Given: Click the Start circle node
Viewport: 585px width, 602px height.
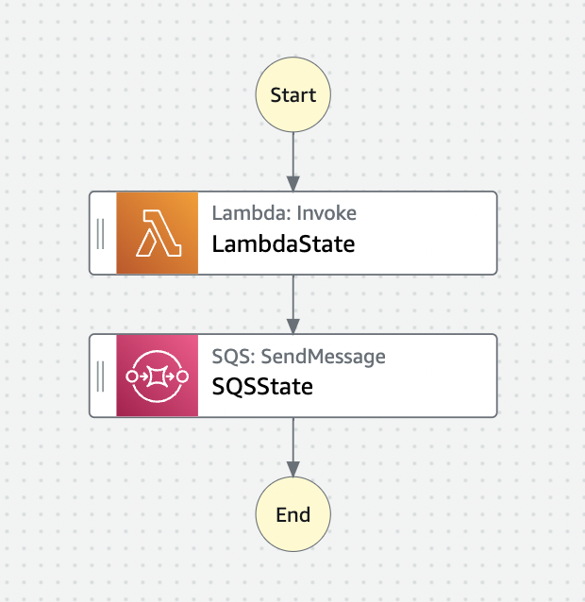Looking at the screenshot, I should coord(292,94).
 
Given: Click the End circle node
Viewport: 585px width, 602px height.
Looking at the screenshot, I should coord(292,514).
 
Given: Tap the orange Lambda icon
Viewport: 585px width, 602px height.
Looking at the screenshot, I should coord(157,233).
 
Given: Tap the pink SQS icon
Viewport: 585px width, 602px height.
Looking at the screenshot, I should coord(157,375).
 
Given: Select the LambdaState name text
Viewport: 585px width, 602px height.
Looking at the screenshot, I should coord(283,244).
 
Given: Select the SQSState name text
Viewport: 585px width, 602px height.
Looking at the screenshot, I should coord(262,386).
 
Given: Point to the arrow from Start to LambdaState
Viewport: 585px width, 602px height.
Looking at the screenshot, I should coord(292,156).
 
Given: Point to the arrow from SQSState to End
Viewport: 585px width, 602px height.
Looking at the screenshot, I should coord(292,443).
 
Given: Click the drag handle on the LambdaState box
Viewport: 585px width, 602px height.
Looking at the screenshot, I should coord(101,233).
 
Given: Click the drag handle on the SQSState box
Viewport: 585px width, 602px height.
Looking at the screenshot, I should coord(101,375).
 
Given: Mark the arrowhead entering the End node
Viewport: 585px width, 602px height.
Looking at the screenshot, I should coord(292,469).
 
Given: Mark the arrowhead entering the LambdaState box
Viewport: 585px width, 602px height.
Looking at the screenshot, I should coord(292,183).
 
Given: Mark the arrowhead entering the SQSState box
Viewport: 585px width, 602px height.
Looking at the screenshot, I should coord(292,326).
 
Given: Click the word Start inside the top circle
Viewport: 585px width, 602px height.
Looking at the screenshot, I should coord(292,94).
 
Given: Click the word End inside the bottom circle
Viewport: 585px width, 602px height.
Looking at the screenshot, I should coord(292,514).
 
